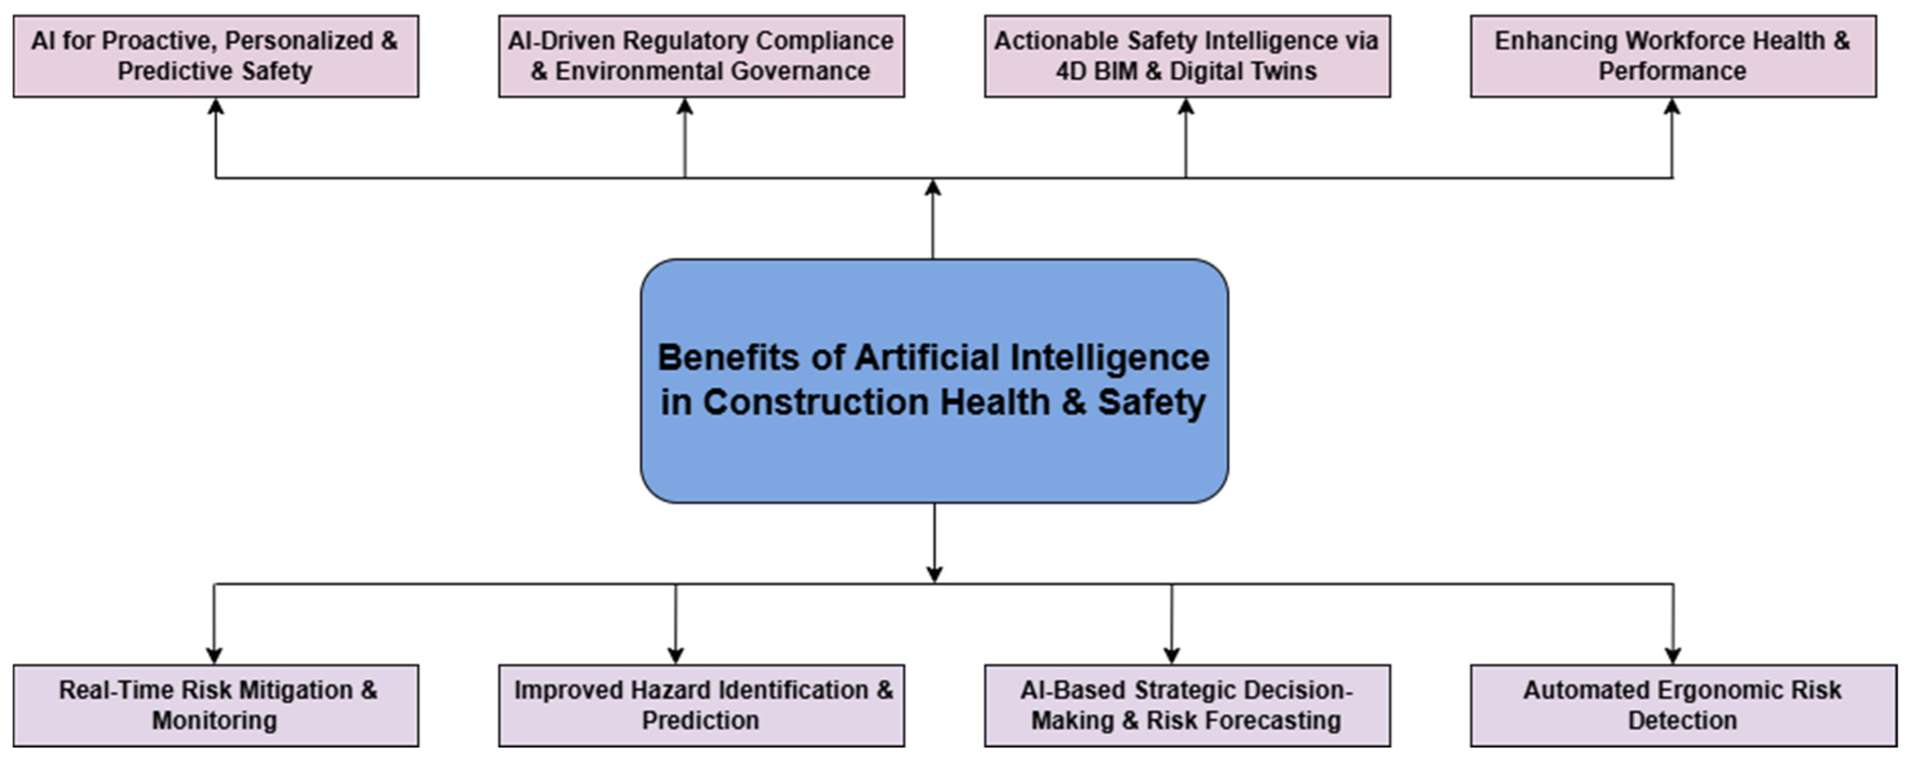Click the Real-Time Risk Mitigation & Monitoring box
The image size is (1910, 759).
215,705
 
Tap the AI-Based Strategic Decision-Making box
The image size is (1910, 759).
1186,705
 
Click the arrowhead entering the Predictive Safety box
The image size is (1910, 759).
216,106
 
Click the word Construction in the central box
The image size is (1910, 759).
816,402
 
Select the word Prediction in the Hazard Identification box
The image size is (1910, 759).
700,720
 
